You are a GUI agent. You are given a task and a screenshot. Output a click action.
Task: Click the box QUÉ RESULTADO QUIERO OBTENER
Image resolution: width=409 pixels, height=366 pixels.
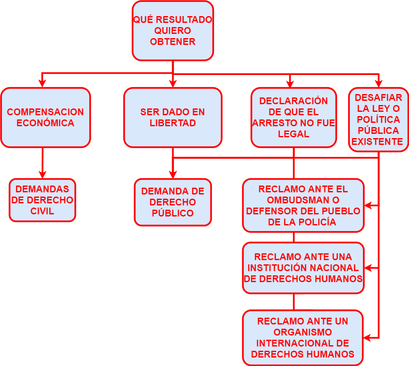(x=173, y=31)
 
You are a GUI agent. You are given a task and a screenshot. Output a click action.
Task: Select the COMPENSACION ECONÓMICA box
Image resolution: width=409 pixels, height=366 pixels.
(x=45, y=117)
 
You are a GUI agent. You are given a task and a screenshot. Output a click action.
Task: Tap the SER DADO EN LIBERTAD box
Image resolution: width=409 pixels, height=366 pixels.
(x=173, y=117)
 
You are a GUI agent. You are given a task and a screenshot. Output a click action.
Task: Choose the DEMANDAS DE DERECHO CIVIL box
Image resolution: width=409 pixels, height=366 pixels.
(x=42, y=200)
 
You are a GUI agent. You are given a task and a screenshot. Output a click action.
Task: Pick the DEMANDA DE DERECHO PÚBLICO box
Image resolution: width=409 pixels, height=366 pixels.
(x=173, y=202)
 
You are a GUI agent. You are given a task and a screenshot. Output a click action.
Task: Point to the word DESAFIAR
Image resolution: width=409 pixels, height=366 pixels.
(x=378, y=98)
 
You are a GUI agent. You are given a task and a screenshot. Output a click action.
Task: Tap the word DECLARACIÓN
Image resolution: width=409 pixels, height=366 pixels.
(x=294, y=101)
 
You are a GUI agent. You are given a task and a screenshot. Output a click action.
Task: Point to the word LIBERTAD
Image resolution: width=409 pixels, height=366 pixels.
(x=173, y=123)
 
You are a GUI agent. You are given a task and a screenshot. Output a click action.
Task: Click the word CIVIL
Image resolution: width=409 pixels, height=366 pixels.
(x=42, y=211)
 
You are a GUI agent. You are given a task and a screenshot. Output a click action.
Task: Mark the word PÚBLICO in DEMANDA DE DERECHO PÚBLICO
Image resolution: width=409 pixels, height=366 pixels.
(x=173, y=213)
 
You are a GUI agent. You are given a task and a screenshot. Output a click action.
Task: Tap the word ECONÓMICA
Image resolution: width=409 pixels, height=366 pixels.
(x=45, y=123)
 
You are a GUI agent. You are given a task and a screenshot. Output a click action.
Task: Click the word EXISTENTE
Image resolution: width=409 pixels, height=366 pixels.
(x=377, y=141)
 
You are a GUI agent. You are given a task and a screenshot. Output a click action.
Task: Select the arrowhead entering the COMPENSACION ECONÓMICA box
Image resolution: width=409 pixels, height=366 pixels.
(x=42, y=83)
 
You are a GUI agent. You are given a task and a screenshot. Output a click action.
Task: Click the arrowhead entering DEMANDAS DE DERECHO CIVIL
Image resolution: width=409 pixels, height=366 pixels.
(x=42, y=174)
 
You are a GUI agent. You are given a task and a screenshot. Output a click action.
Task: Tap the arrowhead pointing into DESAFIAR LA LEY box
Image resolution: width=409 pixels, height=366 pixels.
(x=378, y=83)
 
